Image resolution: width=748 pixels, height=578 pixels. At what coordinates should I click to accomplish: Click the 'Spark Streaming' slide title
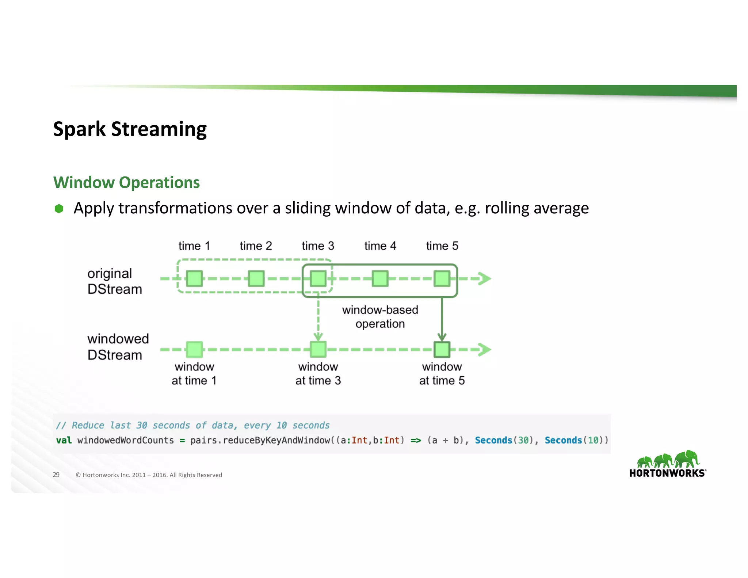pos(130,129)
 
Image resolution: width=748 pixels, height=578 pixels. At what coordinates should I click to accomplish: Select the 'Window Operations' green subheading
pos(126,182)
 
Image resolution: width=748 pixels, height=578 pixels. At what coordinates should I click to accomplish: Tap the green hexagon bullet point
pos(59,209)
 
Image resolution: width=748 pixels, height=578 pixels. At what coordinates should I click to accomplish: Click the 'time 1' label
pos(194,246)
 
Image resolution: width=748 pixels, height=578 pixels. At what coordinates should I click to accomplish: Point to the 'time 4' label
pos(380,246)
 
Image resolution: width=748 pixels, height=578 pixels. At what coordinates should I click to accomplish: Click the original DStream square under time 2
pos(256,279)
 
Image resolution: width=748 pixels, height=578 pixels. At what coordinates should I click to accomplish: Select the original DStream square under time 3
pos(318,279)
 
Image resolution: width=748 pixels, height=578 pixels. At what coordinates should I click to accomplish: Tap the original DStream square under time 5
pos(442,279)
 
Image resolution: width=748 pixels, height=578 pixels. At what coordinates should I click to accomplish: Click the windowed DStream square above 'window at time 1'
pos(194,350)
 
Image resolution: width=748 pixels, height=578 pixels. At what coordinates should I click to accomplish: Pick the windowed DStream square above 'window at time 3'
pos(318,350)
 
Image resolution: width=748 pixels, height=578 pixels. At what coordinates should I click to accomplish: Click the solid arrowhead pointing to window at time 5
pos(442,336)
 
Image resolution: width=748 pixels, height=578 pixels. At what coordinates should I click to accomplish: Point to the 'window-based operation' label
pos(380,317)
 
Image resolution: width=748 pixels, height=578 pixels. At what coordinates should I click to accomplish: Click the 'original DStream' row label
pos(114,281)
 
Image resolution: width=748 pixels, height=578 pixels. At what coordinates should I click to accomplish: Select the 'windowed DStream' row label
pos(118,347)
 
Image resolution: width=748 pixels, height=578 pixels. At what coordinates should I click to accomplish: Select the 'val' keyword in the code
pos(64,440)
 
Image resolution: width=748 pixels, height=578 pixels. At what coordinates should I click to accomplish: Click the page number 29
pos(56,475)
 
